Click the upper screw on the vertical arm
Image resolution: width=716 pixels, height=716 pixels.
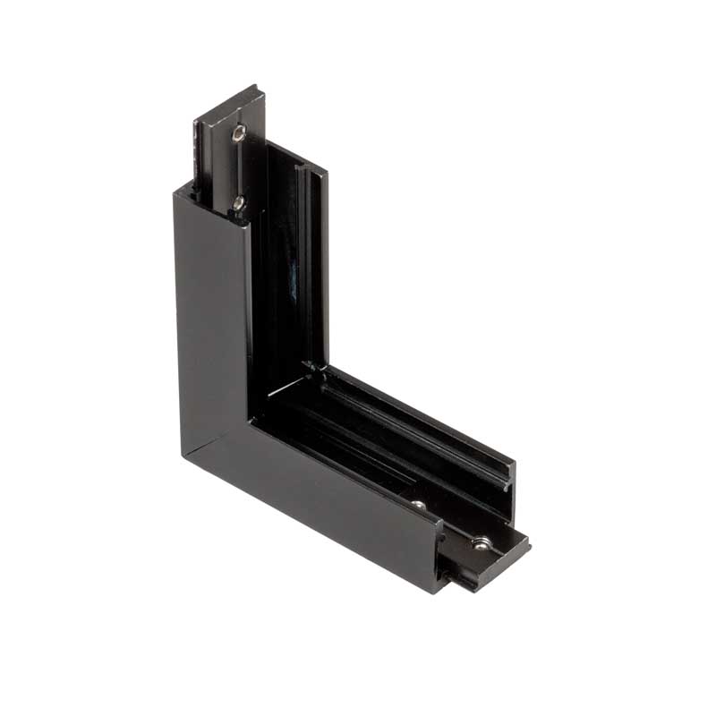(x=237, y=134)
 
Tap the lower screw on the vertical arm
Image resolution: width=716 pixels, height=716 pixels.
(x=238, y=203)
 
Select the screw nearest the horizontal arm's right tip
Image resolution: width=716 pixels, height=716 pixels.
(x=481, y=542)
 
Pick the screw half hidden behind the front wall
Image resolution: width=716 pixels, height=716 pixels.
(x=418, y=507)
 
